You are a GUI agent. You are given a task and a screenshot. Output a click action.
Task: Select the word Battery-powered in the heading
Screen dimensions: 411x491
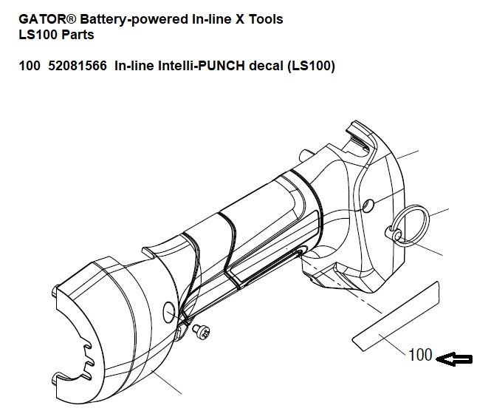coord(122,18)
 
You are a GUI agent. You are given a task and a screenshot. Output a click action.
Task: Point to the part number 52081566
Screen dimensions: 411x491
coord(78,66)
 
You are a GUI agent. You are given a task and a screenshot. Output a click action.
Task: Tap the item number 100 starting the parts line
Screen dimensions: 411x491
coord(30,66)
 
